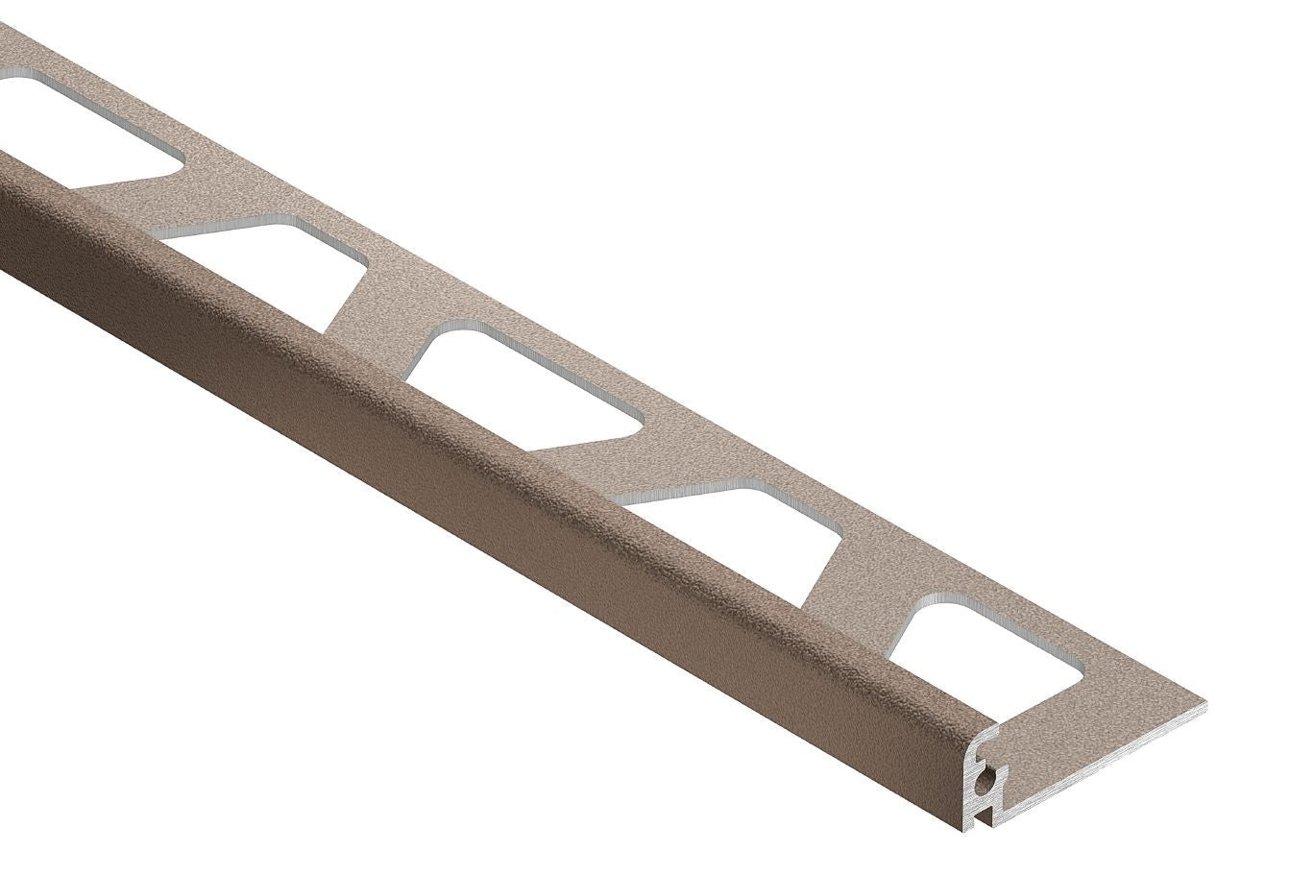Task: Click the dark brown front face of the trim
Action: pyautogui.click(x=480, y=538)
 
